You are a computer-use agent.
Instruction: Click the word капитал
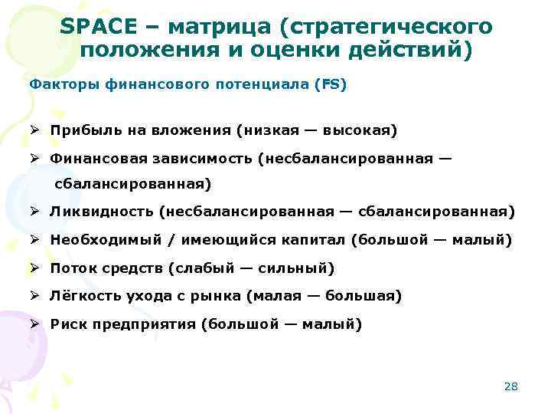click(315, 240)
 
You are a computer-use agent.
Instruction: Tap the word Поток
click(72, 268)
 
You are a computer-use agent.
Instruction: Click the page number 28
click(511, 386)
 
